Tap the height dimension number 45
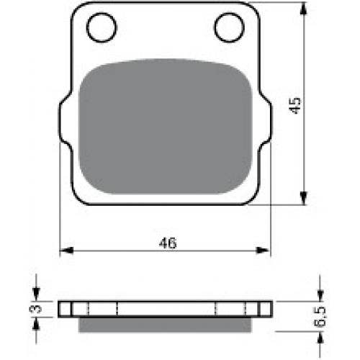coord(295,106)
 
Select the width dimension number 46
coord(168,243)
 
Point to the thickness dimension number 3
coord(35,308)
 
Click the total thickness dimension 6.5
coord(320,316)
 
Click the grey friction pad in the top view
coord(166,126)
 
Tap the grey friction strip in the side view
coord(165,325)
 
